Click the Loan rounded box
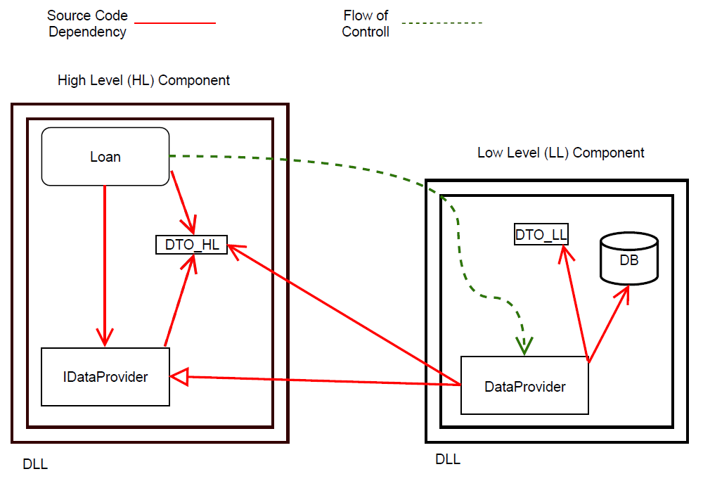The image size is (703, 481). pos(105,156)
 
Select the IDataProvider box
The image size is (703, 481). pos(105,377)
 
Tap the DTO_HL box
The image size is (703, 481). pos(191,245)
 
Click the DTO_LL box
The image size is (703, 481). pos(541,235)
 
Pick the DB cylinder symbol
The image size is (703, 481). pos(629,259)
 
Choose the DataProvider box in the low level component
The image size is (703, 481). pos(524,385)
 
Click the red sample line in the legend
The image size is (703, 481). pos(174,23)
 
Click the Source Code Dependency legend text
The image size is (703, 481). pos(87,23)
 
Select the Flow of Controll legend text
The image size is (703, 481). pos(366,23)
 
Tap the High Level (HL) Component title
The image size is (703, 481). pos(143,80)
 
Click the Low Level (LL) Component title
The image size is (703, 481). pos(560,153)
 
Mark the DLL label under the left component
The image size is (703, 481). pos(35,463)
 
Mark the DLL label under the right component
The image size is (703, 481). pos(448,459)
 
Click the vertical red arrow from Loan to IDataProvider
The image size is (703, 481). pos(105,267)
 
